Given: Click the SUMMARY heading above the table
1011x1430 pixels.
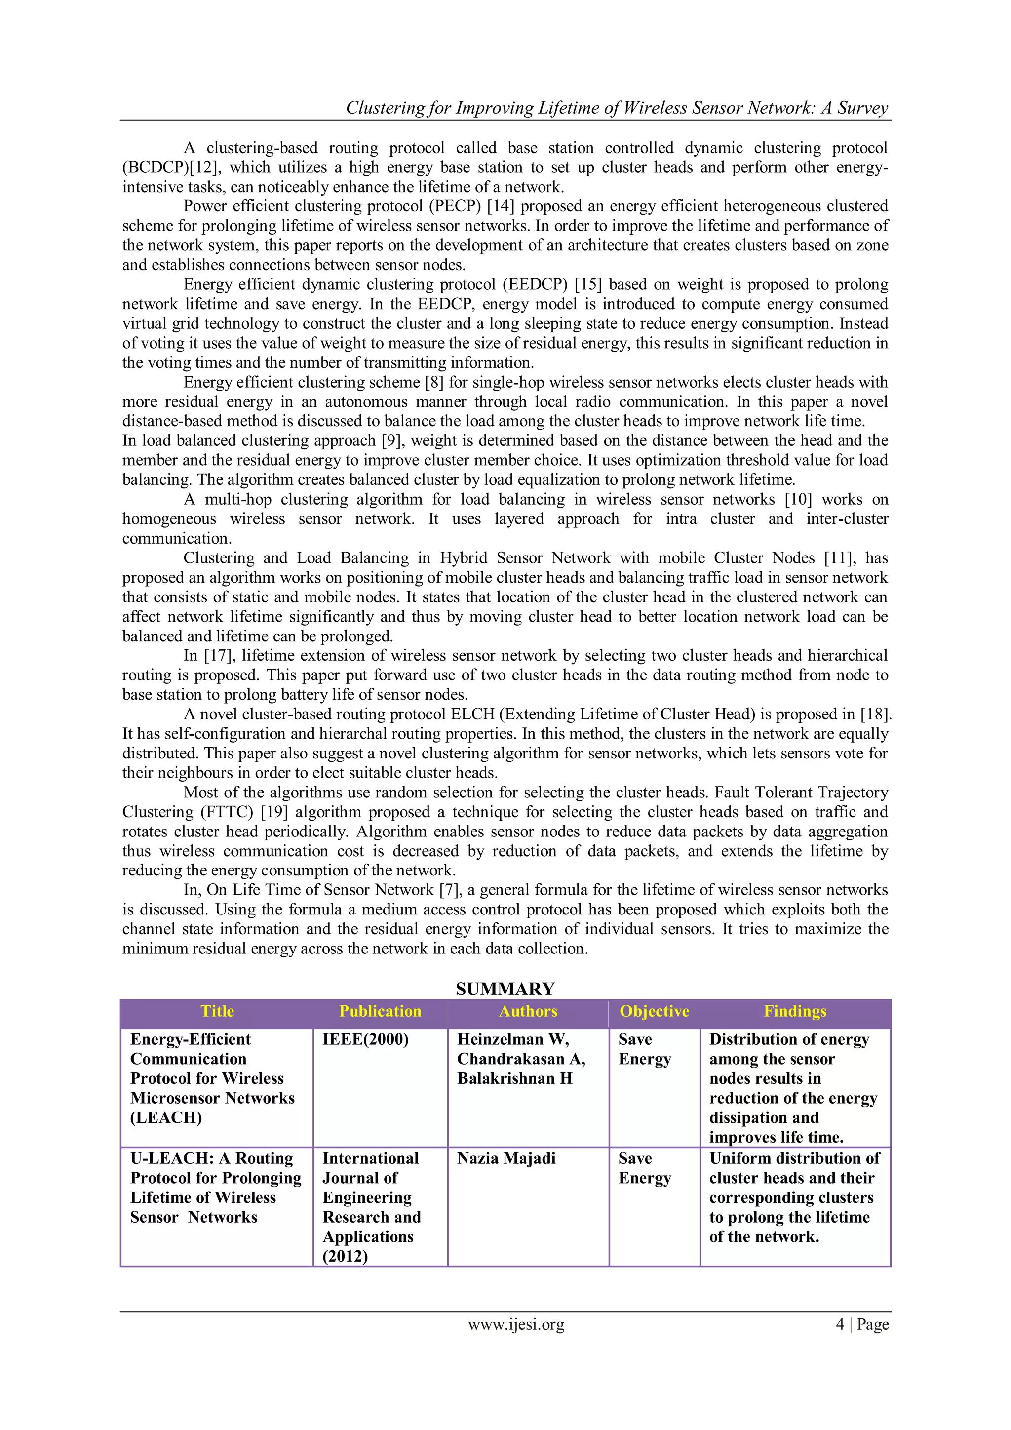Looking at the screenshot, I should point(505,989).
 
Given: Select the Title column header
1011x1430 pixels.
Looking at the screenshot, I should point(217,1011).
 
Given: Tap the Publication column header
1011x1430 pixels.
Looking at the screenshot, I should point(380,1011).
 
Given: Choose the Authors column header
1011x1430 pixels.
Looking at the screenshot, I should point(528,1011).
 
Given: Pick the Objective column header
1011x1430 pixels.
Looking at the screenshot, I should point(654,1011).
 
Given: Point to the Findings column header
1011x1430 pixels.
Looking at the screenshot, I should point(795,1011).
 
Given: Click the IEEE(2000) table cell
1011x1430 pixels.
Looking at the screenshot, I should point(365,1039).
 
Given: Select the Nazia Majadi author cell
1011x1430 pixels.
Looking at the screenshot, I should point(506,1158).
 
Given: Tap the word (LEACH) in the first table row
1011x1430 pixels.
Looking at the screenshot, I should point(165,1117).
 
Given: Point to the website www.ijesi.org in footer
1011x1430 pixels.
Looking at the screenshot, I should point(516,1324).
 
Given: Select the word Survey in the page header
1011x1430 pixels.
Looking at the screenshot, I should point(863,108).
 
